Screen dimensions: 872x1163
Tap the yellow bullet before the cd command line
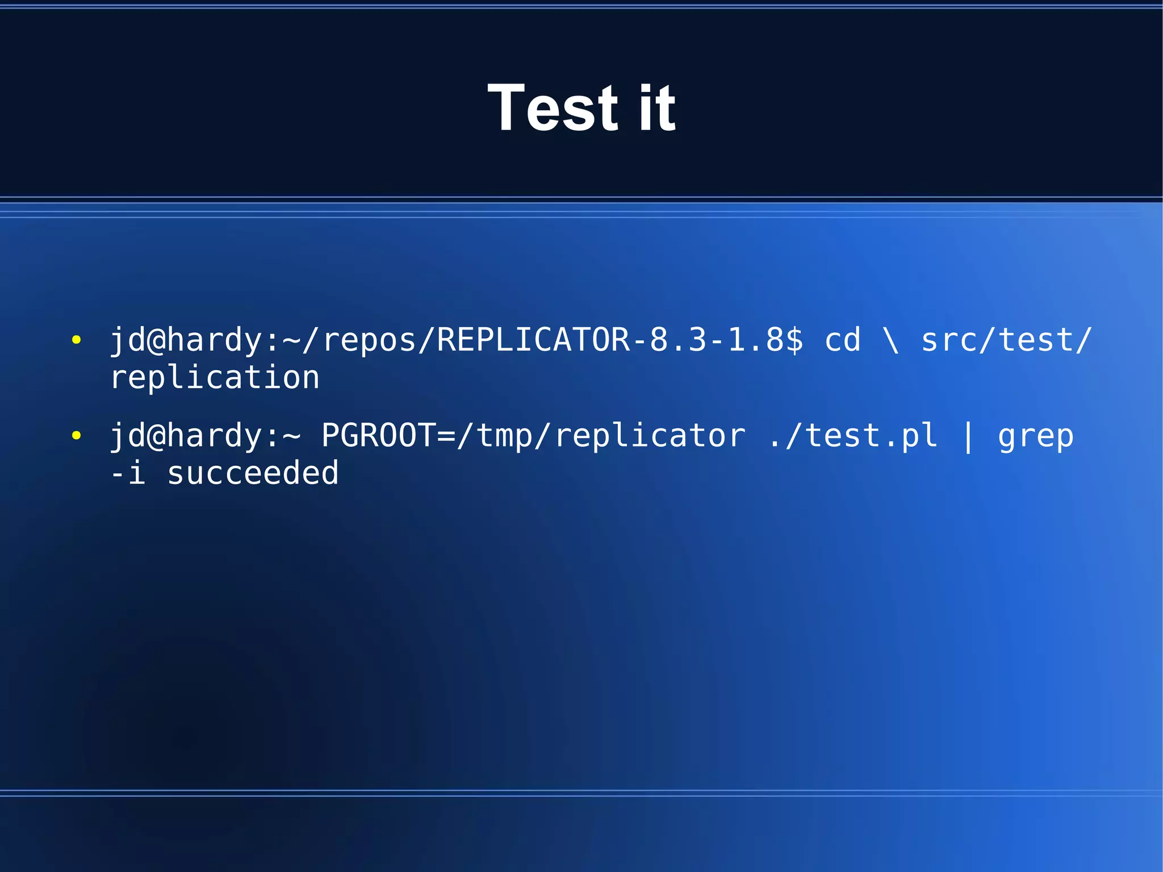[76, 340]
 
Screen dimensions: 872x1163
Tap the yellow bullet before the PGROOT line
[76, 436]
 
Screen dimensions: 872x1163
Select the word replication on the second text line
[215, 378]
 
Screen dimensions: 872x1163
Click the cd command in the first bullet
[842, 340]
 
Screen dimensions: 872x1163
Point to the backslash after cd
[891, 340]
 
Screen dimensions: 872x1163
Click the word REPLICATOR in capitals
[533, 340]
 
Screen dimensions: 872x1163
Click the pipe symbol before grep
[968, 436]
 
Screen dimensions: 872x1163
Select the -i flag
[128, 473]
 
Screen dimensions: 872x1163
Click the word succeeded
[253, 473]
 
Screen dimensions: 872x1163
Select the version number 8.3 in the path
[678, 340]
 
